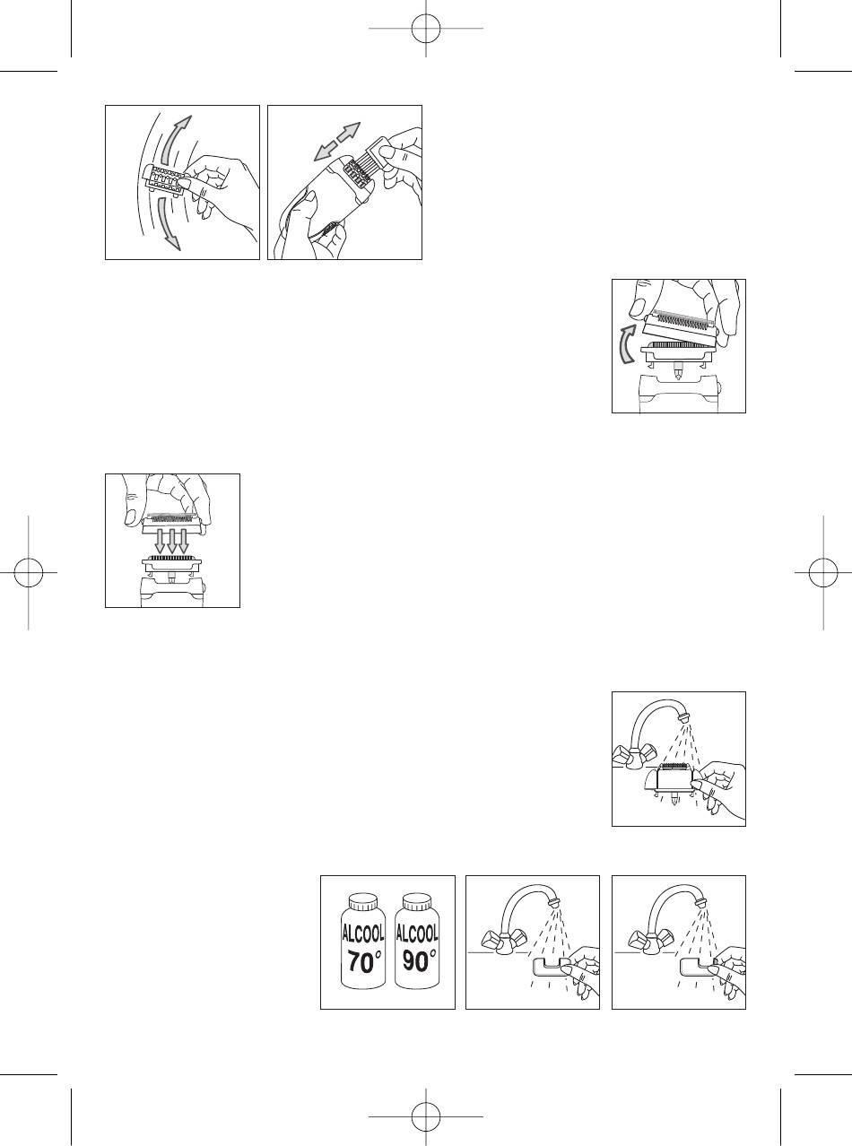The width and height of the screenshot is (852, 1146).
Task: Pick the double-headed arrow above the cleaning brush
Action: tap(337, 141)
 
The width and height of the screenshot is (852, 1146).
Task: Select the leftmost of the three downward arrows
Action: tap(161, 541)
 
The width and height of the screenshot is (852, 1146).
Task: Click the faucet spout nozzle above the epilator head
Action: tap(683, 717)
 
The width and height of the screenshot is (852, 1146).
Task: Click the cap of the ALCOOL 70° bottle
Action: tap(363, 904)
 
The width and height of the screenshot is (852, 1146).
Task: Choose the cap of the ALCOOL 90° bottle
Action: tap(417, 904)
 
